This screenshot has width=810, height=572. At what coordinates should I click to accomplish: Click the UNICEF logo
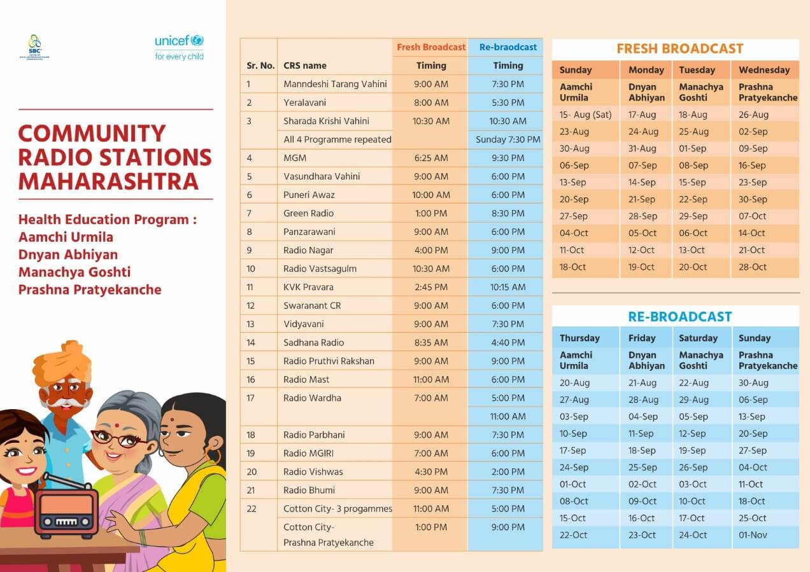(179, 47)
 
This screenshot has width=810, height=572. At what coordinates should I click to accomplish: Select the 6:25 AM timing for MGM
(430, 158)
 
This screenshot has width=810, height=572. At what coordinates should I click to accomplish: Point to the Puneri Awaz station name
(309, 195)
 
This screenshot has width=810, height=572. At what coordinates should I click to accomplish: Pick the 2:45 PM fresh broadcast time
(430, 287)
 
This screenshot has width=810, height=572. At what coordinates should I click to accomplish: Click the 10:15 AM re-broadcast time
(508, 287)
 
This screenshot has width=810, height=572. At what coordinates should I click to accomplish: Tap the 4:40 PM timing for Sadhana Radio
(508, 342)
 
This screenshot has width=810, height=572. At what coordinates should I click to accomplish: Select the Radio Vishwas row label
(313, 471)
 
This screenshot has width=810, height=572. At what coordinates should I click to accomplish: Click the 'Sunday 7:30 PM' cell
(508, 139)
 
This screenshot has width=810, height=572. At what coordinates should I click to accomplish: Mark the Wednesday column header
(764, 70)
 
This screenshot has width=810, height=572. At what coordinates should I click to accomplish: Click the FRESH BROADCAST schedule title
(679, 48)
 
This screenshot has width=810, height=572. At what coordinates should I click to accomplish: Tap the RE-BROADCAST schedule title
(679, 316)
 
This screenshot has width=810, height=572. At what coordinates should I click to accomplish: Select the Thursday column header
(579, 338)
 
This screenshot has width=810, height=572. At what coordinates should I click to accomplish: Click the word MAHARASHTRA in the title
(108, 181)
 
